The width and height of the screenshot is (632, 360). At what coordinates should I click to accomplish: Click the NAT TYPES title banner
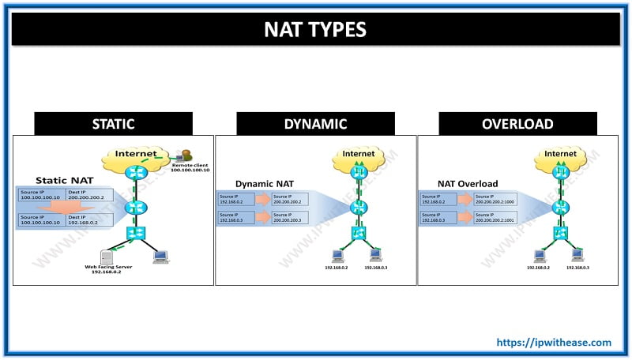point(316,30)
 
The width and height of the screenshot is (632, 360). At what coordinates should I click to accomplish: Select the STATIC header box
point(113,124)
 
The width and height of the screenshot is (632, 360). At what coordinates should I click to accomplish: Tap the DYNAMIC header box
point(315,124)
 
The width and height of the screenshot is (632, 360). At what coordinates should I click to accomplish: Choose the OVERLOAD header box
point(517,124)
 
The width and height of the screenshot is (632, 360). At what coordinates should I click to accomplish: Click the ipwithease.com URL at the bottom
point(553,342)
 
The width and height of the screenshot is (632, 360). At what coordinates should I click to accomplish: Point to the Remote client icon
point(187,156)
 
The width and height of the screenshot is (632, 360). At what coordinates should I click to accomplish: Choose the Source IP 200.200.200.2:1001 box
point(503,218)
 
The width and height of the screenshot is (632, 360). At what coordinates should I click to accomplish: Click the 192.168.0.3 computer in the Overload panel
point(577,254)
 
